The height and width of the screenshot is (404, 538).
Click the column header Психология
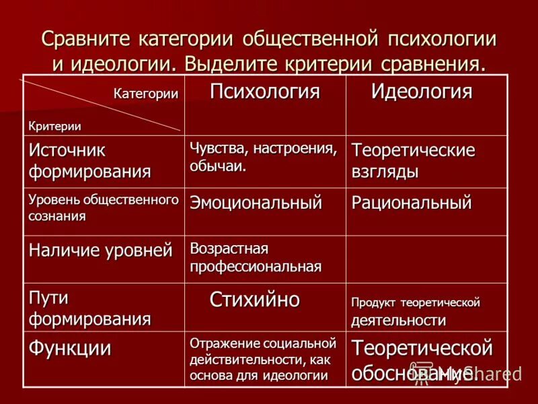coord(264,92)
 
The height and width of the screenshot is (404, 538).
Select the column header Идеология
coord(422,92)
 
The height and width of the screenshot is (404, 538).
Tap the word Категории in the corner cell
coord(145,94)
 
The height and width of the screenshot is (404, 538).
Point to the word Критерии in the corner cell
coord(54,125)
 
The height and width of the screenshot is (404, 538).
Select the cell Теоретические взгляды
coord(413,161)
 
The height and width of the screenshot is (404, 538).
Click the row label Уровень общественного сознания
coord(104,208)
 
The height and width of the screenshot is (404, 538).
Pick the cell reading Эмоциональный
coord(256,202)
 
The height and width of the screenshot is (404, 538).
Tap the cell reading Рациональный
coord(411,202)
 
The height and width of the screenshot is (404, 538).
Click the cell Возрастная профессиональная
coord(256,257)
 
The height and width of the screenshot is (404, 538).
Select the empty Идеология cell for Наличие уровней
coord(426,259)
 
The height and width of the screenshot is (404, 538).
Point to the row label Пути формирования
coord(89,308)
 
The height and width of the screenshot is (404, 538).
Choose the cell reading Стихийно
coord(255,299)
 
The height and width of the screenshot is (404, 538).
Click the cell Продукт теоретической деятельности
coord(415,312)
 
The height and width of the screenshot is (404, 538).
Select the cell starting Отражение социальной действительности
coord(262,360)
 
